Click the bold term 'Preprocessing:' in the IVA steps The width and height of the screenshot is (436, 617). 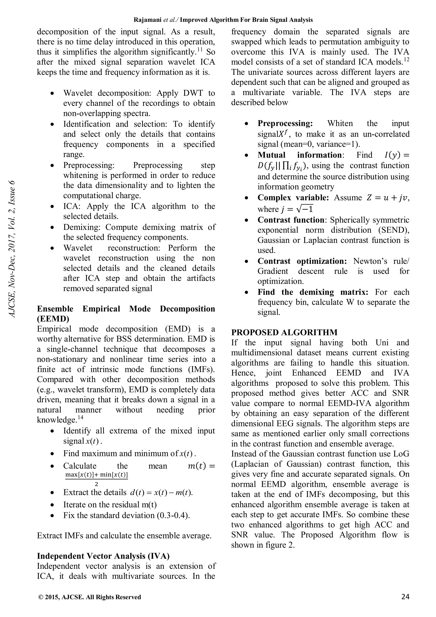coord(285,123)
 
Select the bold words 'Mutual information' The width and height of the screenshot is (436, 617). coord(299,155)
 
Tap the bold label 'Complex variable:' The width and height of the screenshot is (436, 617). coord(293,198)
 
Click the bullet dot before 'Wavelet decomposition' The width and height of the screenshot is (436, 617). coord(52,94)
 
